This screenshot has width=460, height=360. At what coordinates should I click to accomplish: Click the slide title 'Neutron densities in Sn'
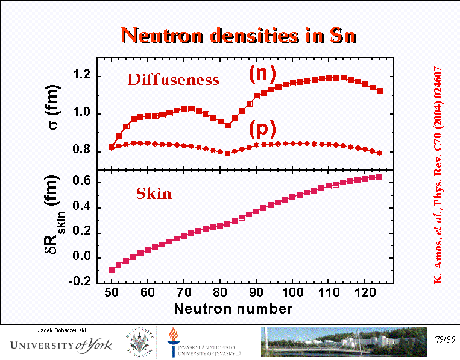pos(239,36)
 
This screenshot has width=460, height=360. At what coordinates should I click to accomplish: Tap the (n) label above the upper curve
pos(262,73)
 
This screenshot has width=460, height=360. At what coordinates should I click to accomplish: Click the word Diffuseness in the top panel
pos(173,80)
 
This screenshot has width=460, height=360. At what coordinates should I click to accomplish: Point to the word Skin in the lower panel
pos(154,194)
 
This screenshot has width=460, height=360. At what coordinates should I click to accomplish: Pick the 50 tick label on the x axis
pos(112,294)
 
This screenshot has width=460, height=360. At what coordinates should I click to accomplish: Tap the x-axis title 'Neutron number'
pos(233,309)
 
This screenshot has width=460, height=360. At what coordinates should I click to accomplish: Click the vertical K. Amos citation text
pos(438,175)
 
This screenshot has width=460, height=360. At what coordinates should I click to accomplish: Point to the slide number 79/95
pos(443,340)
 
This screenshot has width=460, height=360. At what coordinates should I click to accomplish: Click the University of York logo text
pos(57,346)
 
